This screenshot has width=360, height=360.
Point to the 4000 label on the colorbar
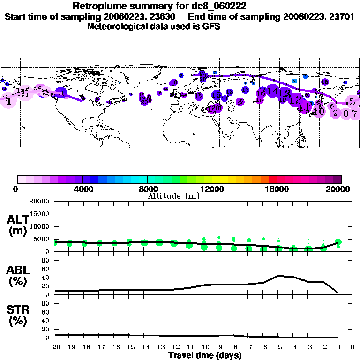coord(82,189)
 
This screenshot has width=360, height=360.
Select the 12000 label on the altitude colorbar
coord(212,189)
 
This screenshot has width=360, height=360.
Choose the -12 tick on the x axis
coord(173,348)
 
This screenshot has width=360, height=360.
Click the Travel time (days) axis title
coord(205,356)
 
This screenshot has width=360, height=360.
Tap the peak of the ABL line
coord(279,276)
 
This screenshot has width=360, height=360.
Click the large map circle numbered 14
coord(273,90)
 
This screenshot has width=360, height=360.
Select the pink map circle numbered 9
coord(336,112)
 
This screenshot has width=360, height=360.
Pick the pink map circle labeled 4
coord(8,100)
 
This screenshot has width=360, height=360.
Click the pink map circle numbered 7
coord(355,112)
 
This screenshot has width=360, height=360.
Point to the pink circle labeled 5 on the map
coord(352,100)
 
